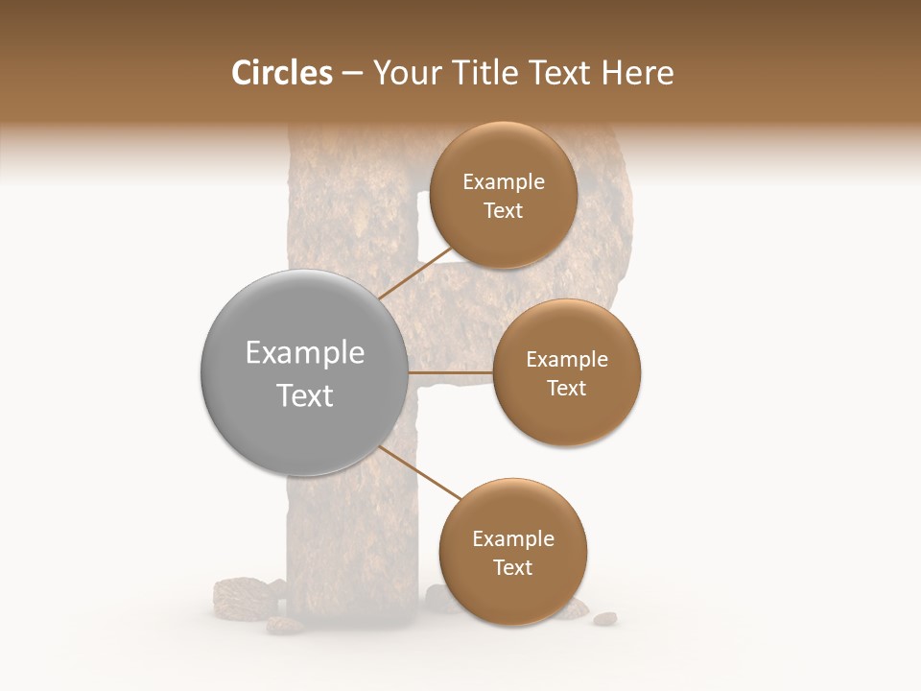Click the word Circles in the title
(x=281, y=73)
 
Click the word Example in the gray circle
(x=304, y=353)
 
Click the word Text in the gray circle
(x=304, y=395)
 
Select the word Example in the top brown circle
(x=504, y=182)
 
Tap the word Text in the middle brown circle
(x=567, y=388)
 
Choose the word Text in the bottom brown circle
(x=513, y=567)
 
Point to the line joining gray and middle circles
(x=450, y=372)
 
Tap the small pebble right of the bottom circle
(x=604, y=618)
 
